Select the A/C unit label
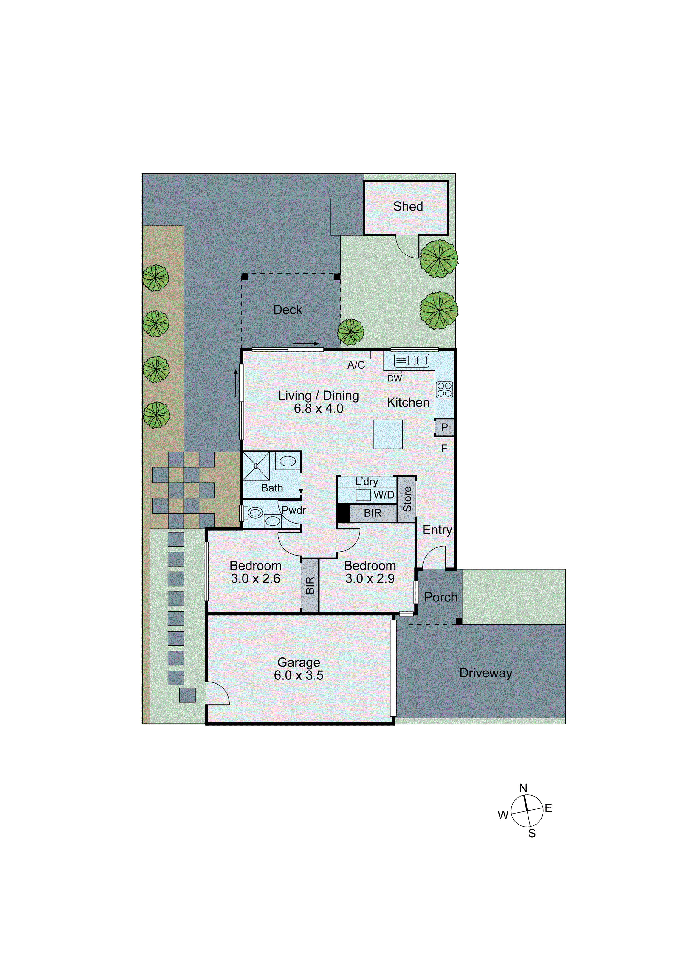[356, 365]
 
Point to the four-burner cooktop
[444, 389]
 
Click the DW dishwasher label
[394, 378]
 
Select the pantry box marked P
[444, 427]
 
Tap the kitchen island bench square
[388, 434]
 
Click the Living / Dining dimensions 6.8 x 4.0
[318, 409]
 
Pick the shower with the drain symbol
[256, 466]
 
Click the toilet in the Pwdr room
[254, 512]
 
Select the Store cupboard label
[407, 499]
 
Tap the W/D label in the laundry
[384, 495]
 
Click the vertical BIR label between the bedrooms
[310, 585]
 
